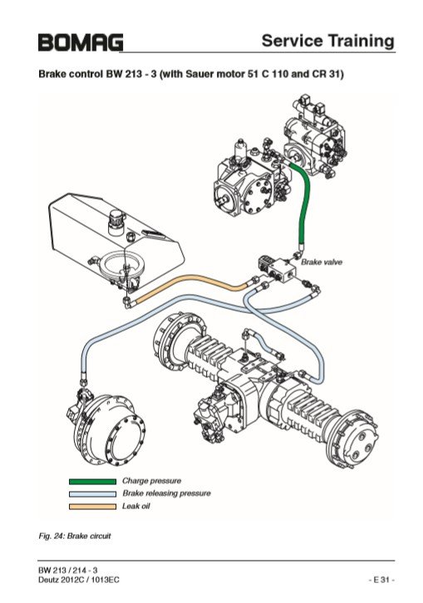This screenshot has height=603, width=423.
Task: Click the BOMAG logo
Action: click(x=81, y=42)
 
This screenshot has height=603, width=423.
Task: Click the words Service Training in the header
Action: click(x=328, y=41)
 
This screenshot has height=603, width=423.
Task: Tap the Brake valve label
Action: click(x=322, y=262)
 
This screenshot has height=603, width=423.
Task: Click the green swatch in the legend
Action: click(x=92, y=481)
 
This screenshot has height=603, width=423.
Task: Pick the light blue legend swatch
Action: click(x=92, y=494)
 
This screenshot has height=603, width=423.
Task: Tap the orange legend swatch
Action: click(x=92, y=507)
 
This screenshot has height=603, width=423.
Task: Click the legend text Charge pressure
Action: click(x=151, y=481)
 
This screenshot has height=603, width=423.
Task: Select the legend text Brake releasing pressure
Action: click(x=166, y=493)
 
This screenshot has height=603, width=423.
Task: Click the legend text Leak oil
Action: click(x=135, y=506)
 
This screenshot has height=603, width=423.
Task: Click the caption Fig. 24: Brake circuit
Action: click(x=74, y=536)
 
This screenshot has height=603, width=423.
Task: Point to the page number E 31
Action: click(x=381, y=580)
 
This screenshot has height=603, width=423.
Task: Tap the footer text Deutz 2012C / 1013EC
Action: click(x=78, y=580)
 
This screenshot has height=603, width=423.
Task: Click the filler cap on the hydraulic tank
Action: click(x=116, y=220)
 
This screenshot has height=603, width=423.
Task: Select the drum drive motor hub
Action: click(x=109, y=429)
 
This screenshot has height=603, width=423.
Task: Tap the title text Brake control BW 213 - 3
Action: click(x=97, y=74)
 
